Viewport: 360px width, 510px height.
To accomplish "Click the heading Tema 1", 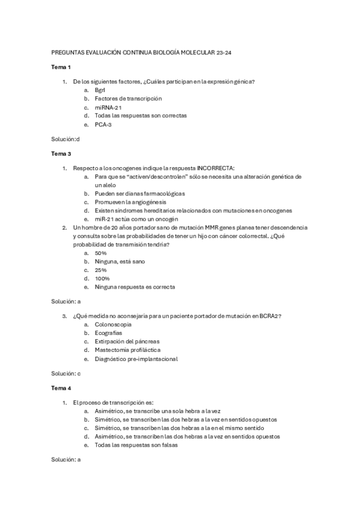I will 61,67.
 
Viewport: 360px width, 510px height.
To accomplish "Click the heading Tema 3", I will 61,154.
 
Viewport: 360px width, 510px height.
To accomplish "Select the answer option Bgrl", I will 100,90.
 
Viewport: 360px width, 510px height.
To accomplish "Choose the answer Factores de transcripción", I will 128,98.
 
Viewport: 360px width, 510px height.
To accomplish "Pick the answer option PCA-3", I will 103,124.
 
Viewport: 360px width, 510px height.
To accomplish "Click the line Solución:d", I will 66,139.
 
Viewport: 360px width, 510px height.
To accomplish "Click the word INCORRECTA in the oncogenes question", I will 216,168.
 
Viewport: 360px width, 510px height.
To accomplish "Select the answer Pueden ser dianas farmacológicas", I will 139,194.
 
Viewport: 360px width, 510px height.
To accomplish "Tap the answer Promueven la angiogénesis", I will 131,202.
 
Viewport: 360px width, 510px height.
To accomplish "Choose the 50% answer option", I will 100,253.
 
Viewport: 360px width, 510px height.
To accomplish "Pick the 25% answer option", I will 100,270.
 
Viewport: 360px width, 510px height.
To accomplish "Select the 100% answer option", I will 102,278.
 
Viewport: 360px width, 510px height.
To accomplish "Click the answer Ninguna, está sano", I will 120,262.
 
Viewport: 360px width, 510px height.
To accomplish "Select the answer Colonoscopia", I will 113,324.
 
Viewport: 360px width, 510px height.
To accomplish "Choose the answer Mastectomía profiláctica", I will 127,349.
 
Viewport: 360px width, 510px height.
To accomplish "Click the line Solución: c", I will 66,373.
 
